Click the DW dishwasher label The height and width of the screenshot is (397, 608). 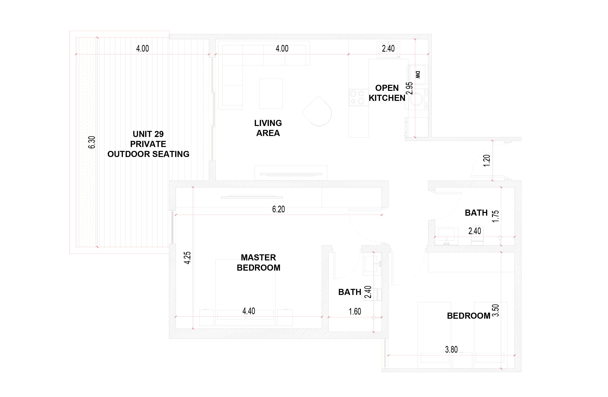418,75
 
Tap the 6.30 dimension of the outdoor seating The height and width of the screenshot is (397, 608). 92,142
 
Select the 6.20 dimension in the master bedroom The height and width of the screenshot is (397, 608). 278,209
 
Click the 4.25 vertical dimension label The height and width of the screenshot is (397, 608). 187,258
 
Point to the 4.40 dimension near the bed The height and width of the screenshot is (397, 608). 249,311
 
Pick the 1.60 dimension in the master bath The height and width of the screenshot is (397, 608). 355,312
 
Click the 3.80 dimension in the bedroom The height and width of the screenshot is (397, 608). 451,350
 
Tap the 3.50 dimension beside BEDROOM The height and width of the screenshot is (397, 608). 495,310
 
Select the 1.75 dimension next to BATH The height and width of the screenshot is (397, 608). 495,216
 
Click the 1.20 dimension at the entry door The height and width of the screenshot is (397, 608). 487,161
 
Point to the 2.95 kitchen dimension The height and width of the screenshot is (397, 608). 409,88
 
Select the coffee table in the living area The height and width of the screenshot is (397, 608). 271,94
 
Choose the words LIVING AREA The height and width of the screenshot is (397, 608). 268,128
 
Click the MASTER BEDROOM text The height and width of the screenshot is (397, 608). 258,262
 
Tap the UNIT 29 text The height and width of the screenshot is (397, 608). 148,134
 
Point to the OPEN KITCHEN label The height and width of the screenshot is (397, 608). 387,93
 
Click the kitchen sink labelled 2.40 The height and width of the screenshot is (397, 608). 388,50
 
